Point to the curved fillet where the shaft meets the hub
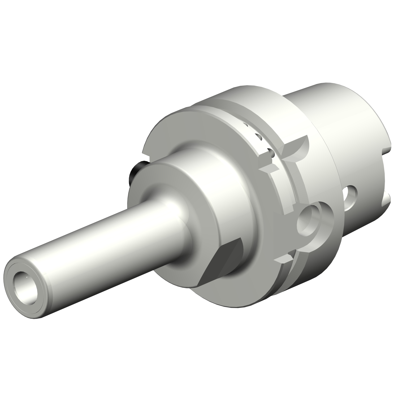(175, 210)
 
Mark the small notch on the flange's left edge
(145, 154)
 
